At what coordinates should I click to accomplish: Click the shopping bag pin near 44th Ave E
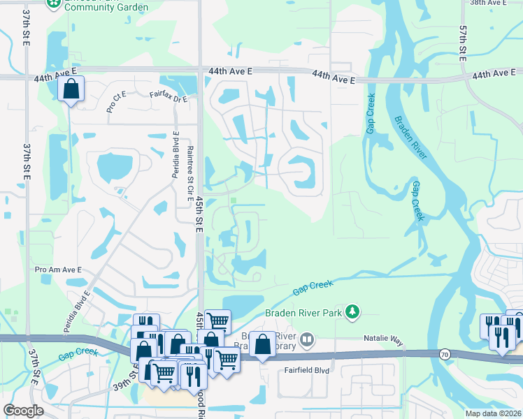point(71,89)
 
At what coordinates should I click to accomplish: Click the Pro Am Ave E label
point(58,269)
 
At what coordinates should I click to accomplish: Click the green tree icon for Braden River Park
point(354,311)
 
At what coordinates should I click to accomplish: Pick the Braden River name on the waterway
point(409,138)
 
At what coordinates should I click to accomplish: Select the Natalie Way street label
point(383,339)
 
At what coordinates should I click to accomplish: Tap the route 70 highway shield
point(445,355)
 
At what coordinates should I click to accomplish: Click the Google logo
point(23,411)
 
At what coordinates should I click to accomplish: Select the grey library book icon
point(307,340)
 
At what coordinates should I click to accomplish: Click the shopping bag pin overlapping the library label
point(262,345)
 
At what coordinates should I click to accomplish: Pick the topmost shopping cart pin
point(217,321)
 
